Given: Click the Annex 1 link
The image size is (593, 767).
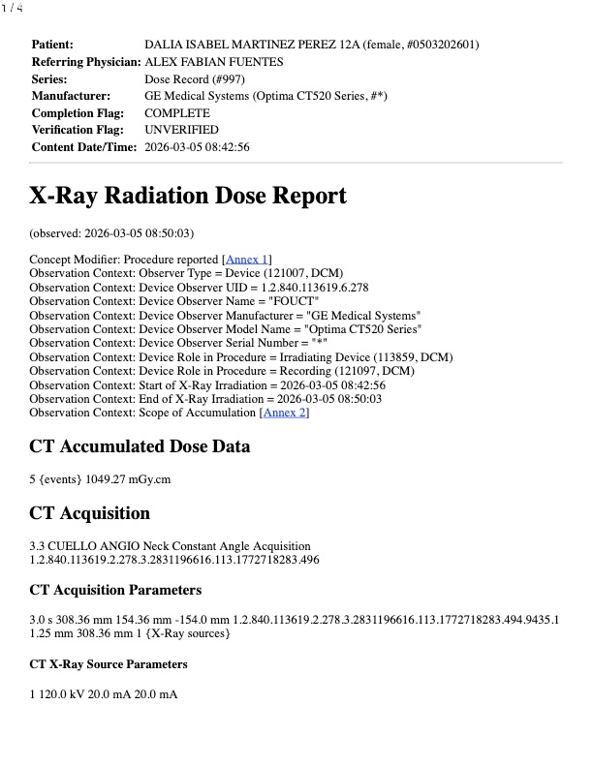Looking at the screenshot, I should pyautogui.click(x=247, y=259).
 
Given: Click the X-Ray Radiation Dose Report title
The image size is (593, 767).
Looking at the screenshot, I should pyautogui.click(x=188, y=196).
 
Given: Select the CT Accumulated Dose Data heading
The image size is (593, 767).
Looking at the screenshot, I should pyautogui.click(x=140, y=446).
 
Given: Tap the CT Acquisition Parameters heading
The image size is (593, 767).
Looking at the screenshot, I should pyautogui.click(x=115, y=590).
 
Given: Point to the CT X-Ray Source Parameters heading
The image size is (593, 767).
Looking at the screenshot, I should pyautogui.click(x=109, y=664).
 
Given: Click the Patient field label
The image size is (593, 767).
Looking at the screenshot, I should pyautogui.click(x=52, y=45).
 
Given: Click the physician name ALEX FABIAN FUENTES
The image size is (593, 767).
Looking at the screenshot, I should pyautogui.click(x=214, y=61).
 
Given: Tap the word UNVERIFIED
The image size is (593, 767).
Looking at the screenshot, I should pyautogui.click(x=181, y=130).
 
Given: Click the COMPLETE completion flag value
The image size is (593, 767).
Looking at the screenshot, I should pyautogui.click(x=177, y=113).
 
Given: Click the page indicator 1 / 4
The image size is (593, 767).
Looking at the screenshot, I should pyautogui.click(x=12, y=8).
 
